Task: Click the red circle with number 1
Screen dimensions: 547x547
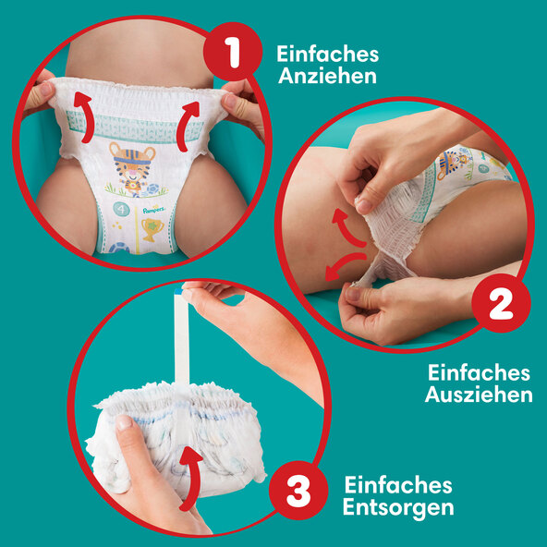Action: [x=233, y=52]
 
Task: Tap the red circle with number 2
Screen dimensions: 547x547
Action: [x=502, y=303]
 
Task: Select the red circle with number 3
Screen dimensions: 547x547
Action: [x=298, y=490]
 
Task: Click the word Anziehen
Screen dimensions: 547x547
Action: [x=327, y=77]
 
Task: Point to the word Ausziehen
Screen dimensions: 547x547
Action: [x=479, y=395]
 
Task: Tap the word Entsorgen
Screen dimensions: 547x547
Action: [x=398, y=507]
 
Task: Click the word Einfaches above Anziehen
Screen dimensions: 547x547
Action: [x=328, y=55]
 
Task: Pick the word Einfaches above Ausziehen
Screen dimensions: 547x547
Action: [x=479, y=373]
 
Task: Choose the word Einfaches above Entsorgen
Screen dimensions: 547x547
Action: [x=398, y=485]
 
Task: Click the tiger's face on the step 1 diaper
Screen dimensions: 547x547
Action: [x=132, y=163]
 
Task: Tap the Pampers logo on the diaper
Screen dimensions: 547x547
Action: [x=153, y=210]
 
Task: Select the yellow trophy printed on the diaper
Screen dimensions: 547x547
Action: [x=152, y=229]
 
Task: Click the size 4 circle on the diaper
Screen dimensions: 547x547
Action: [x=121, y=210]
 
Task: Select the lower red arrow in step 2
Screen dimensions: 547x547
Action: [x=340, y=264]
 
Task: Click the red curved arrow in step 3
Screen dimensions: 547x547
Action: [x=191, y=477]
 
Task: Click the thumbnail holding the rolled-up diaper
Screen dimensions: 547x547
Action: [x=124, y=423]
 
